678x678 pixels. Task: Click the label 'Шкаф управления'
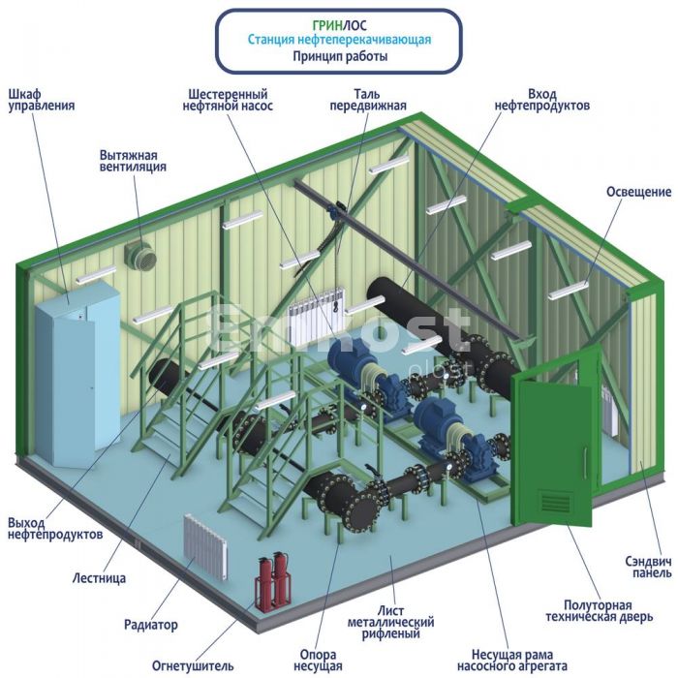pyautogui.click(x=42, y=100)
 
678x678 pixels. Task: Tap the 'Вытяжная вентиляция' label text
pyautogui.click(x=133, y=161)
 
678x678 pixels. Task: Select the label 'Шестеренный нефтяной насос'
pyautogui.click(x=228, y=100)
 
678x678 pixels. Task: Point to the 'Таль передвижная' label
pyautogui.click(x=368, y=100)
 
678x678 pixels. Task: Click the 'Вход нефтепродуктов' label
pyautogui.click(x=541, y=100)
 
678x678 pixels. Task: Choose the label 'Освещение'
pyautogui.click(x=638, y=192)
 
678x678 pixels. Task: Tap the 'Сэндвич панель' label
pyautogui.click(x=648, y=567)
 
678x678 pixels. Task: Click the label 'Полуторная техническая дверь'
pyautogui.click(x=599, y=610)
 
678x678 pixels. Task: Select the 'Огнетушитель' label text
pyautogui.click(x=193, y=665)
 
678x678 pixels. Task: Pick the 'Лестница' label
pyautogui.click(x=99, y=577)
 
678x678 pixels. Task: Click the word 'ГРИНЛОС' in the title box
pyautogui.click(x=339, y=25)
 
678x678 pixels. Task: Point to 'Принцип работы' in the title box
pyautogui.click(x=340, y=56)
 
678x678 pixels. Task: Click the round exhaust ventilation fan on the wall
pyautogui.click(x=141, y=256)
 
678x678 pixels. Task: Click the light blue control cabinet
pyautogui.click(x=77, y=373)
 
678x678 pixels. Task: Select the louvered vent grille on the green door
pyautogui.click(x=556, y=501)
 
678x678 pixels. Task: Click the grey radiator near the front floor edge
pyautogui.click(x=205, y=547)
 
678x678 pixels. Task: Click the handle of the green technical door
pyautogui.click(x=585, y=462)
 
